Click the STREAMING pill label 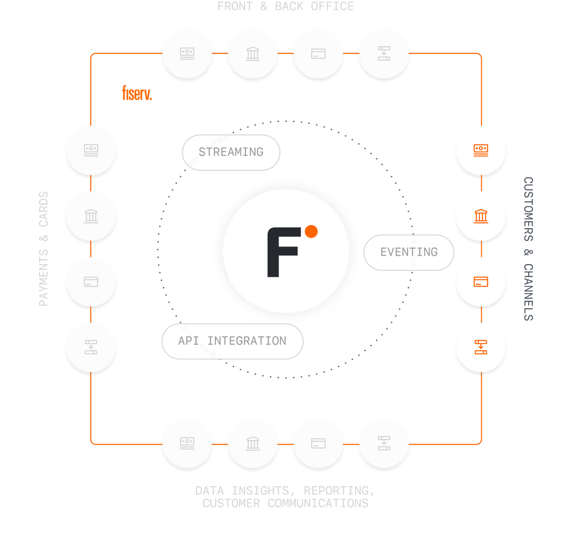231,152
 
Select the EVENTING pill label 409,252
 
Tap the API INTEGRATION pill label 232,341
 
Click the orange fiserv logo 137,93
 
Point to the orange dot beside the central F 311,232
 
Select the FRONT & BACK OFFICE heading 285,7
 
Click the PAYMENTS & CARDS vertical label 44,249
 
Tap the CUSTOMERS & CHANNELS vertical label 528,249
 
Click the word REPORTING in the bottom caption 339,490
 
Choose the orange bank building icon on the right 481,216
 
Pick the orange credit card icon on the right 481,282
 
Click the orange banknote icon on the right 481,149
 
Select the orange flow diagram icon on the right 481,347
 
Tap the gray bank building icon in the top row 253,54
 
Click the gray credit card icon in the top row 318,54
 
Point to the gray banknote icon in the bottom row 187,443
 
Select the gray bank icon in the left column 91,216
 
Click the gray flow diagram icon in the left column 91,347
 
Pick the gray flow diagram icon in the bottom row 384,443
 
